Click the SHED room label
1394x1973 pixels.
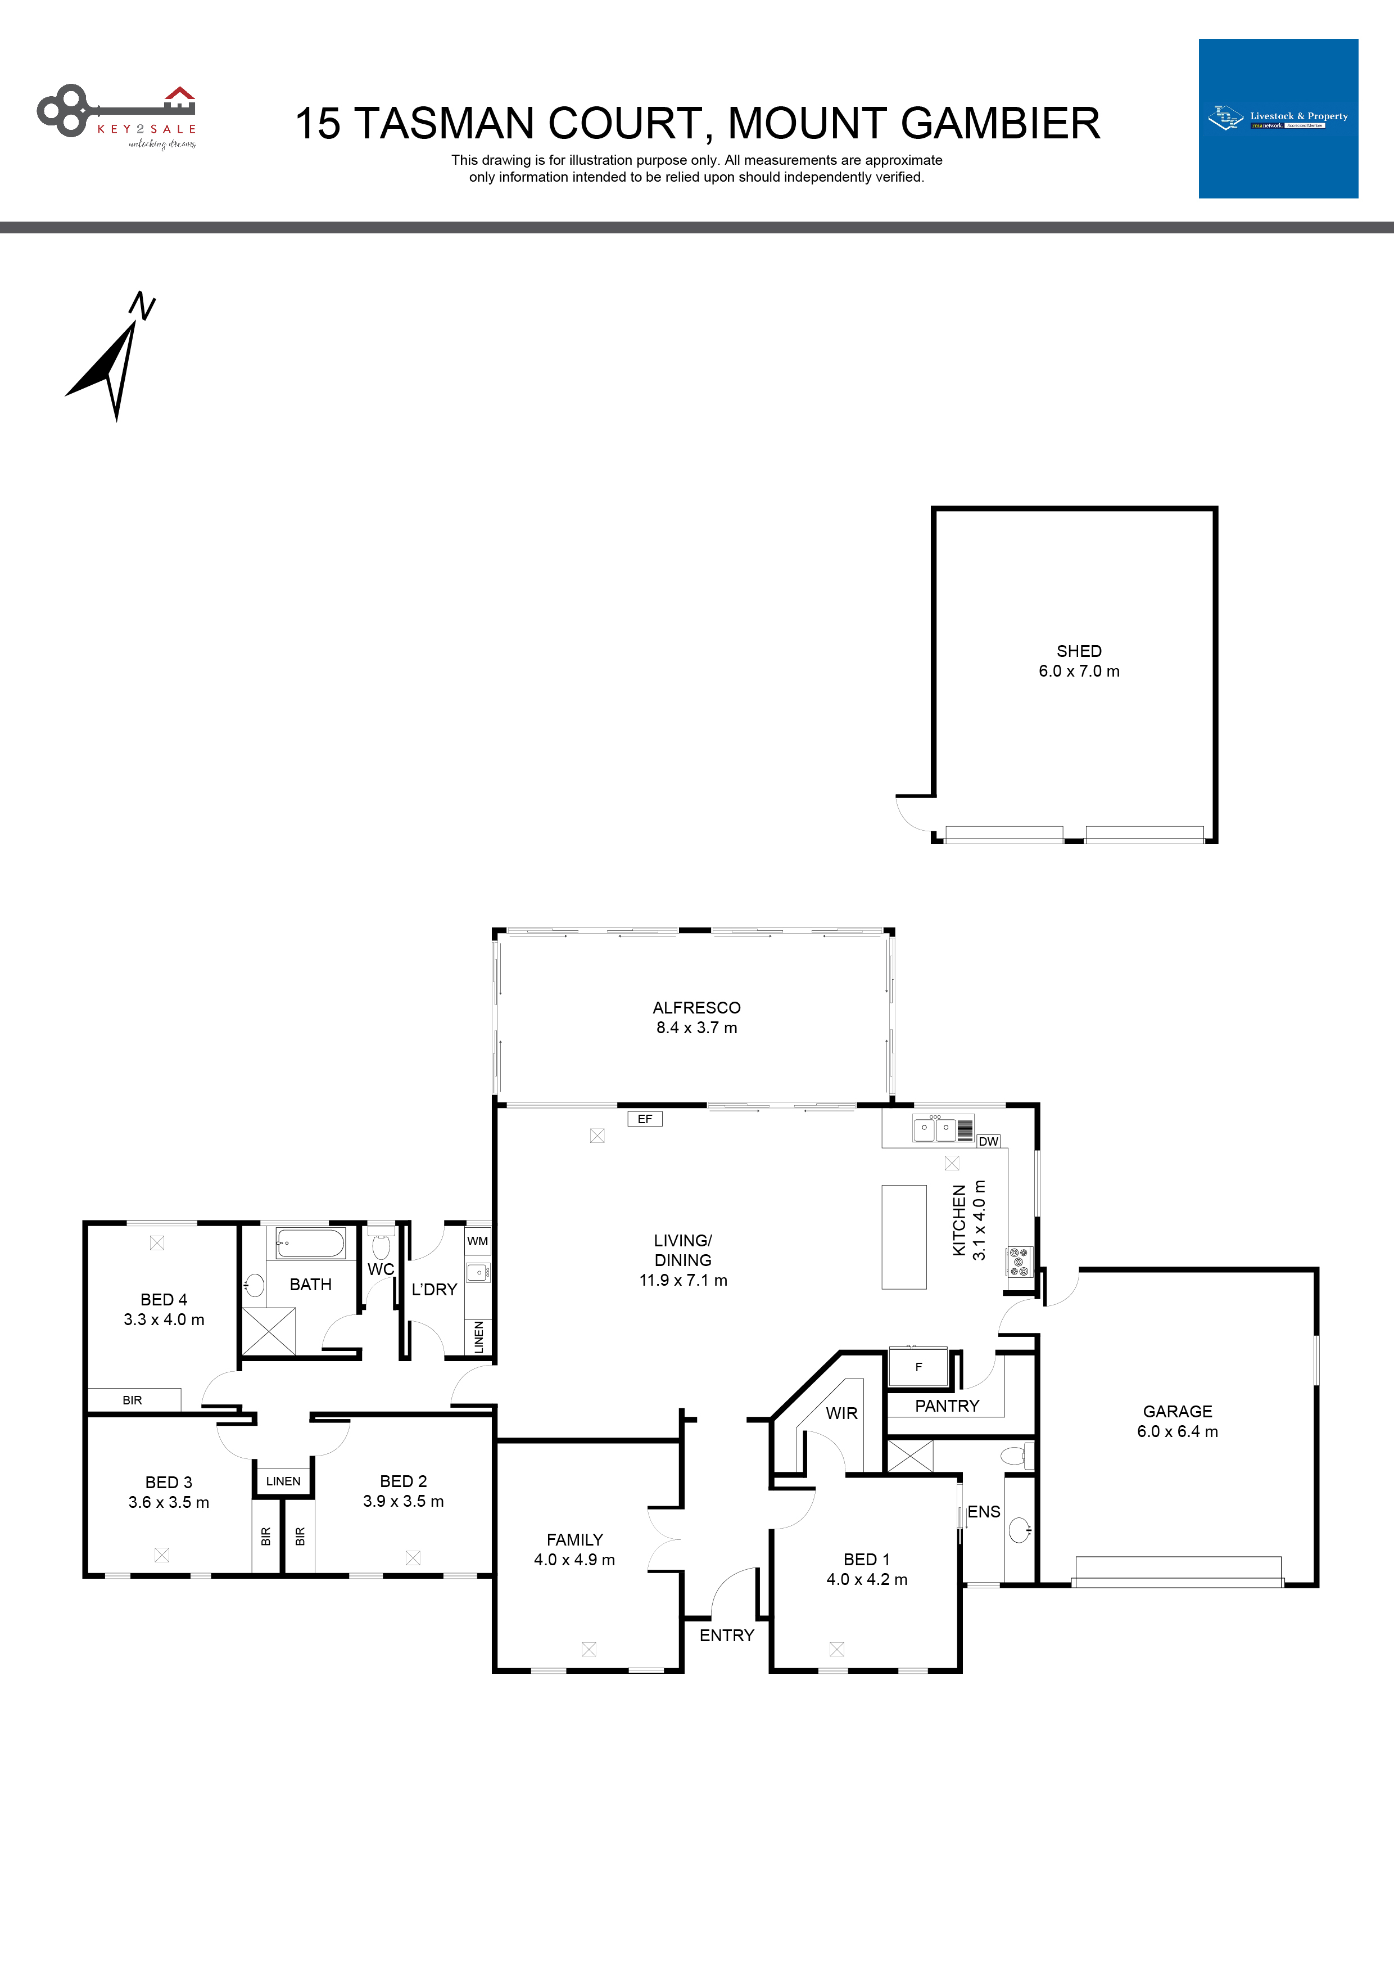coord(1079,651)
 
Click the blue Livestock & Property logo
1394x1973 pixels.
coord(1278,119)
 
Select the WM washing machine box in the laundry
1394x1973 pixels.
coord(478,1241)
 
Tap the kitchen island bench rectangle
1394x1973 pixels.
coord(903,1237)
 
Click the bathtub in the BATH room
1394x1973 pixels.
coord(310,1242)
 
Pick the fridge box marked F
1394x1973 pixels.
coord(918,1366)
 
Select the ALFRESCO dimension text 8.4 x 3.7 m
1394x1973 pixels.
coord(696,1028)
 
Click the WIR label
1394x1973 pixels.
coord(841,1413)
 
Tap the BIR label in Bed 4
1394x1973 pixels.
coord(132,1400)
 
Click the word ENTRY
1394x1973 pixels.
coord(727,1636)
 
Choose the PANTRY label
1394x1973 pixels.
coord(947,1406)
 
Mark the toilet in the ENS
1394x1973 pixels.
coord(1015,1456)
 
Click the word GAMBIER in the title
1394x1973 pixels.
coord(1000,123)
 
